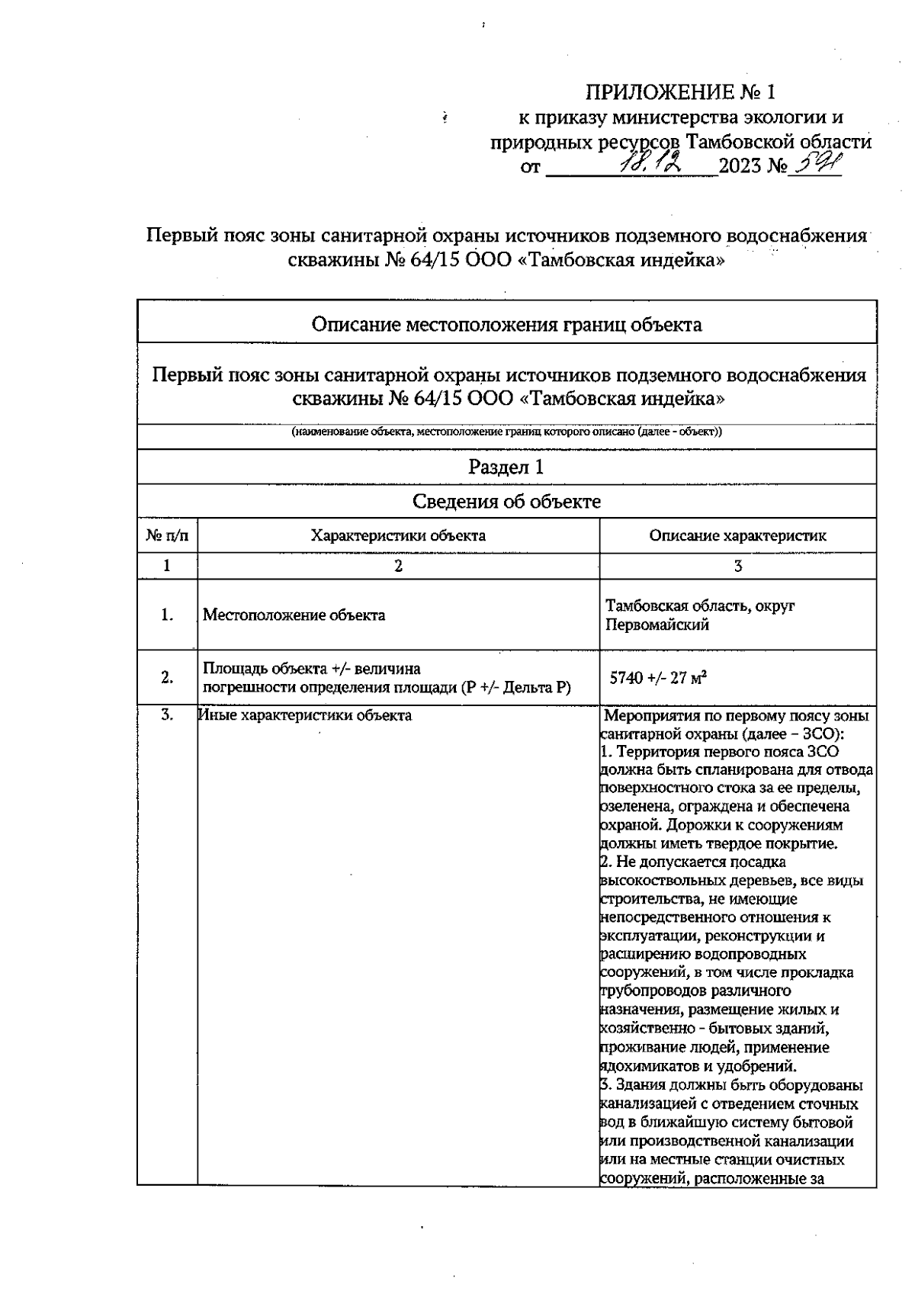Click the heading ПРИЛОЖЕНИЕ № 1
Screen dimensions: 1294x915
[679, 93]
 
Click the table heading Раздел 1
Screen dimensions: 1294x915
[506, 467]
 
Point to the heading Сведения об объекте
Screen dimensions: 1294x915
[506, 501]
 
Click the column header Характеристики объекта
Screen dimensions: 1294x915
[397, 535]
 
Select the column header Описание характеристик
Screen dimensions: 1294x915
[737, 535]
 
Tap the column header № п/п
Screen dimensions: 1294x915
[167, 535]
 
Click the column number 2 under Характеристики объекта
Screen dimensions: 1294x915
[397, 566]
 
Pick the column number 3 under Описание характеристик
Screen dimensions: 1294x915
[737, 566]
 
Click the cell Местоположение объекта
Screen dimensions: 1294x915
[294, 615]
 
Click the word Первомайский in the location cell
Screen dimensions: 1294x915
[657, 625]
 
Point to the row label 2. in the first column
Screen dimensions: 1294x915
[167, 677]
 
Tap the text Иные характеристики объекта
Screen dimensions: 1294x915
[305, 715]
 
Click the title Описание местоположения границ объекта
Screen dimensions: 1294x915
[506, 325]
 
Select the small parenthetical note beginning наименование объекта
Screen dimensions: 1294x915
[506, 432]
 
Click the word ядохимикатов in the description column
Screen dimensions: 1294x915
[647, 1066]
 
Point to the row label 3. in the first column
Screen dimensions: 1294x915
[167, 715]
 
